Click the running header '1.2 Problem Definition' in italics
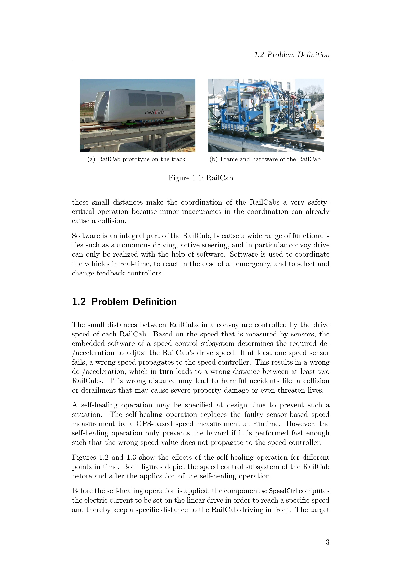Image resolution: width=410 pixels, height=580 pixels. tap(292, 55)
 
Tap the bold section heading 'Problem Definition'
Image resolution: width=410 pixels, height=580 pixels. tap(134, 302)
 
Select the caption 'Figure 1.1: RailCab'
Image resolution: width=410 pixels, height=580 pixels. tap(201, 178)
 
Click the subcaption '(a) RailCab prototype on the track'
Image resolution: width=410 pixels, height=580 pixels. tap(136, 159)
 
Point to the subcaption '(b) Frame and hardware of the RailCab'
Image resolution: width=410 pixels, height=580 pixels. tap(265, 159)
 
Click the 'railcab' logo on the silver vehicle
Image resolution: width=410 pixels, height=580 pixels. tap(154, 112)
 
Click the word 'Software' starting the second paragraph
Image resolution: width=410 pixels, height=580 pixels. tap(86, 236)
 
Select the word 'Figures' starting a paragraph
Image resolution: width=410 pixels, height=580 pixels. tap(84, 458)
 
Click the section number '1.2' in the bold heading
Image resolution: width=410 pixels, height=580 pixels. tap(79, 302)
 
